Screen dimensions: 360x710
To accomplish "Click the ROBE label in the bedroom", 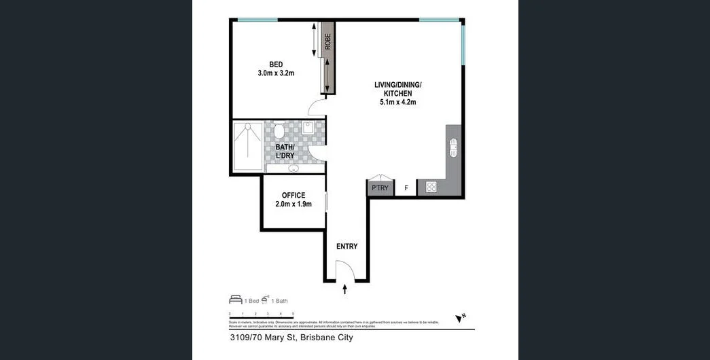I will tap(327, 41).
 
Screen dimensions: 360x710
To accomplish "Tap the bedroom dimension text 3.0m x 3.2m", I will tap(276, 73).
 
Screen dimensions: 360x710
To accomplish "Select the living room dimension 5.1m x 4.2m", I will tap(397, 103).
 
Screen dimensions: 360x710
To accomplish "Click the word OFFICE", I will tap(294, 195).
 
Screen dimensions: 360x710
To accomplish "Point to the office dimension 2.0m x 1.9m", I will tap(294, 204).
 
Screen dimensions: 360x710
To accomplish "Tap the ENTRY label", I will tap(347, 247).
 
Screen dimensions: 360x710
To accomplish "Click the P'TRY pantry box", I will tap(380, 188).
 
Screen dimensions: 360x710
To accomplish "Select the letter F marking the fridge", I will tap(406, 188).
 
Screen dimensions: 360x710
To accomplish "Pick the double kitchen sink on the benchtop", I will tap(454, 147).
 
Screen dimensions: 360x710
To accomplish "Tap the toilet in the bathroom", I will tap(279, 130).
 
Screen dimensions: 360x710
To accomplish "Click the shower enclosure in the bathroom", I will tap(247, 147).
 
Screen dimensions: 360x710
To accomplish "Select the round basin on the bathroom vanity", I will tap(294, 168).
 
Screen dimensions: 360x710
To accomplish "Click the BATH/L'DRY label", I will tap(285, 151).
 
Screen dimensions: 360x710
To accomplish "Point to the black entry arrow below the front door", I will tap(345, 289).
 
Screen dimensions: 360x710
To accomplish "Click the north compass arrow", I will tap(460, 317).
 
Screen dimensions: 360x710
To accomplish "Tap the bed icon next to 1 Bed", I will tap(236, 300).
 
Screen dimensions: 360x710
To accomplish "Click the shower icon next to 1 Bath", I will tap(266, 300).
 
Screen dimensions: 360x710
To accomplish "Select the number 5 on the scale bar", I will tap(293, 314).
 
